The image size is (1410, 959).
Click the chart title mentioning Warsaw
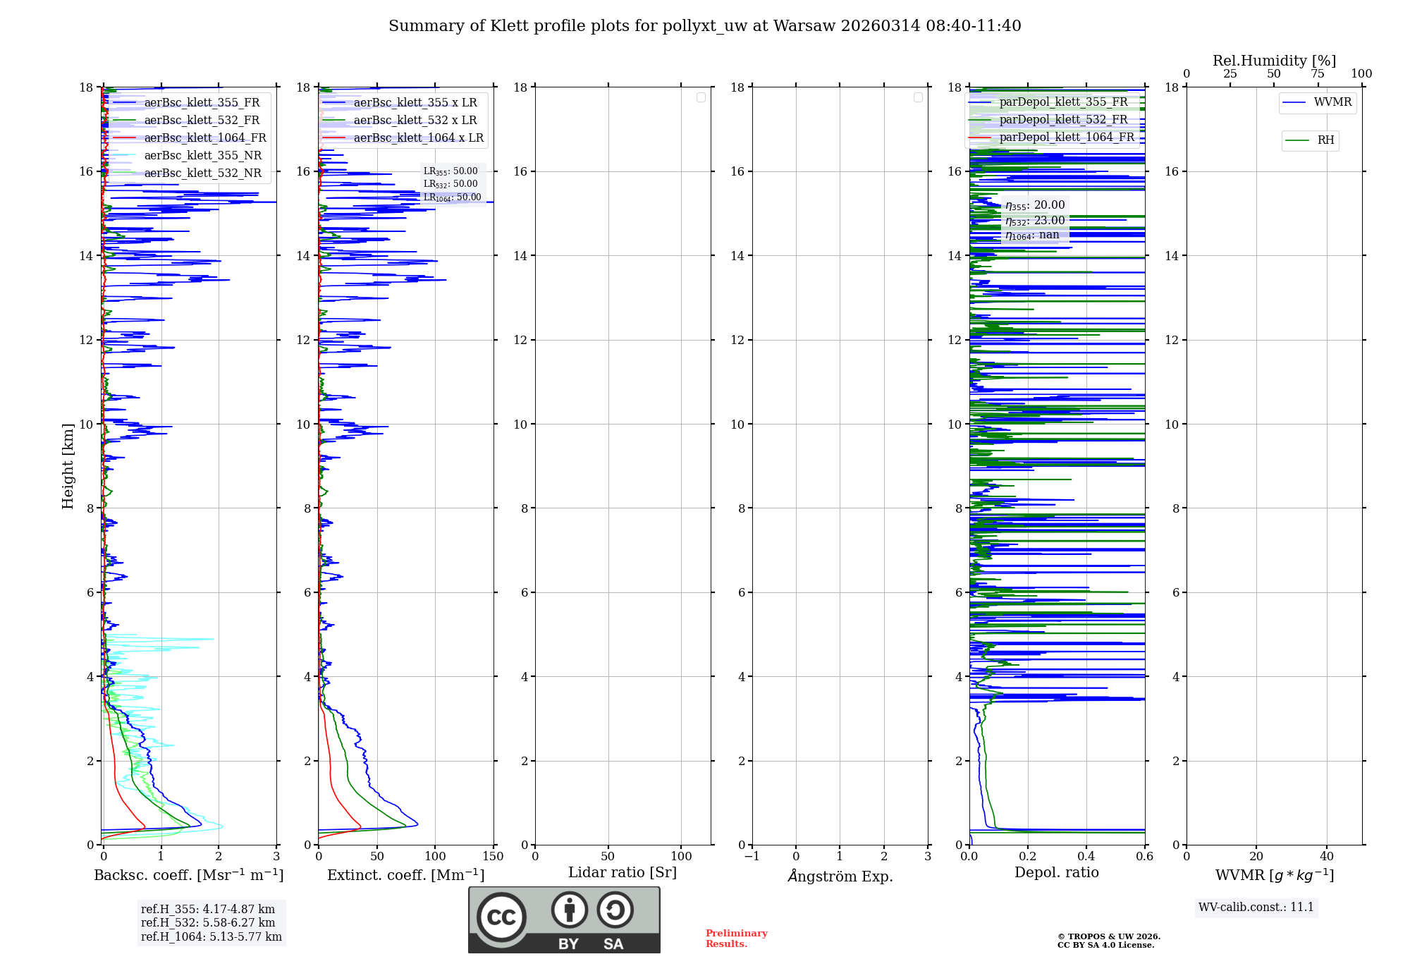pyautogui.click(x=704, y=26)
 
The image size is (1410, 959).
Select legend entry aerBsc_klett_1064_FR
pyautogui.click(x=204, y=138)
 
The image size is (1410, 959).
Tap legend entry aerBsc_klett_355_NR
pyautogui.click(x=202, y=155)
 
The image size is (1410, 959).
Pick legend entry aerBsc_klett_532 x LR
pyautogui.click(x=415, y=120)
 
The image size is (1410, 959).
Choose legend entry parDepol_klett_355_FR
pyautogui.click(x=1063, y=102)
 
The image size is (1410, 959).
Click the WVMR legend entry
pyautogui.click(x=1332, y=102)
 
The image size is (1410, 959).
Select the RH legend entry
pyautogui.click(x=1325, y=140)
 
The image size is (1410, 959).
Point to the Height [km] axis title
pyautogui.click(x=68, y=465)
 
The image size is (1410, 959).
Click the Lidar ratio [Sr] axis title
pyautogui.click(x=622, y=872)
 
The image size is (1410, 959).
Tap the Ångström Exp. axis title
pyautogui.click(x=840, y=876)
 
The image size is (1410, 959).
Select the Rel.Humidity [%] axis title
pyautogui.click(x=1274, y=61)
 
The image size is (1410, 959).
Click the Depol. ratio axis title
pyautogui.click(x=1056, y=872)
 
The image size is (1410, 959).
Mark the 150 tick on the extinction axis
pyautogui.click(x=493, y=857)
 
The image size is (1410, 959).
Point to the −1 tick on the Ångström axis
pyautogui.click(x=752, y=857)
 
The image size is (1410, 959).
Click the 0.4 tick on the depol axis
pyautogui.click(x=1086, y=857)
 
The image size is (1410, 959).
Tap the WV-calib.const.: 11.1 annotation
pyautogui.click(x=1256, y=907)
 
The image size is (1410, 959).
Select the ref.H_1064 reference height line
pyautogui.click(x=211, y=936)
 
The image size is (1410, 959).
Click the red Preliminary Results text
pyautogui.click(x=736, y=938)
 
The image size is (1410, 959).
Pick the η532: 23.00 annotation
pyautogui.click(x=1034, y=221)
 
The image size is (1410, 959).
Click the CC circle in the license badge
pyautogui.click(x=501, y=917)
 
